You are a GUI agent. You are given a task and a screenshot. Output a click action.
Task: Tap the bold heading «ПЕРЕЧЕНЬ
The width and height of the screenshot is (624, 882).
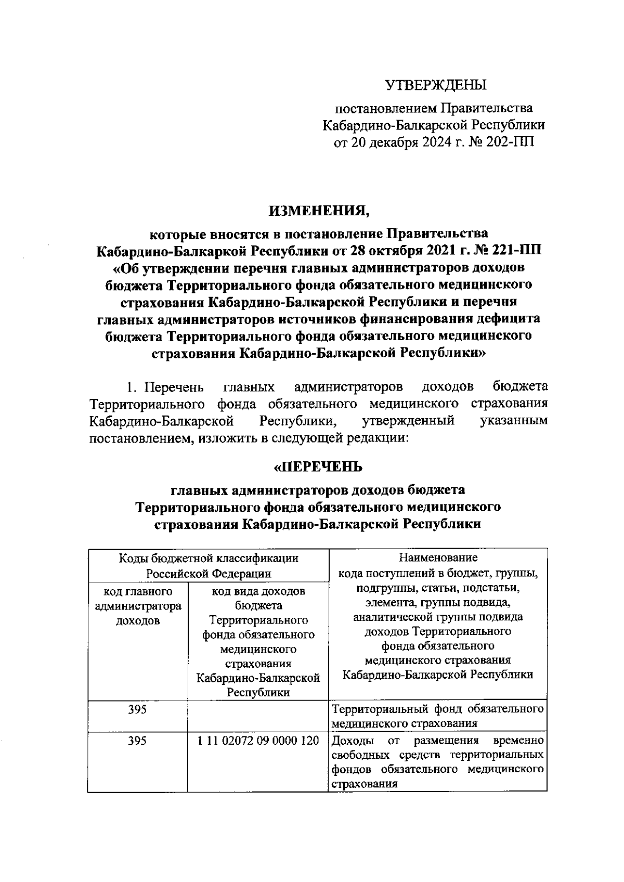[x=318, y=467]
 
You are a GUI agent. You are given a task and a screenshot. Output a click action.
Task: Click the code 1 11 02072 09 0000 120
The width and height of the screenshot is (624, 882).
[x=258, y=741]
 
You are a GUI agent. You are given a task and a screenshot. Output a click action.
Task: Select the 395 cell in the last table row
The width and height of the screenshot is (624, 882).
[x=137, y=741]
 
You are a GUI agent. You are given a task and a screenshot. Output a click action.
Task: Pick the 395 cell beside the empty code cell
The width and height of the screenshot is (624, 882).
[x=137, y=709]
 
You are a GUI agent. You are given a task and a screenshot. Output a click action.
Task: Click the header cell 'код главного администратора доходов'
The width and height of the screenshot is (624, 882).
[x=137, y=606]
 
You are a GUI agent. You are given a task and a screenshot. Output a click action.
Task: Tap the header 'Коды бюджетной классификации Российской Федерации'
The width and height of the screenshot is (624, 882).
[x=209, y=566]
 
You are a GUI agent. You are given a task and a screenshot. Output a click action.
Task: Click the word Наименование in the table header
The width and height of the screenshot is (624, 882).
[x=438, y=558]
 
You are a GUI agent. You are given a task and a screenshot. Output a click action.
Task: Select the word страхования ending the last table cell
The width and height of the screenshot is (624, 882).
[x=365, y=784]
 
